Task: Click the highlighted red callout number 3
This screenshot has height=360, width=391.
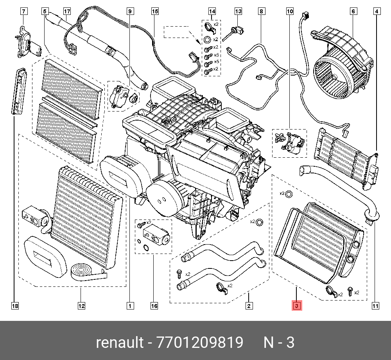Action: [296, 306]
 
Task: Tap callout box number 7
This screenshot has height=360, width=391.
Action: [23, 11]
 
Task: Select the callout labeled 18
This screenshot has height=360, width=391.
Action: [15, 306]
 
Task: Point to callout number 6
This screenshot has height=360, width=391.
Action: [353, 11]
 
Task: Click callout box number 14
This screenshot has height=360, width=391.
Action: [212, 11]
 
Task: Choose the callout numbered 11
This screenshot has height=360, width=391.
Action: [375, 306]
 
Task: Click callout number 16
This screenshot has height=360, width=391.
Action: [154, 306]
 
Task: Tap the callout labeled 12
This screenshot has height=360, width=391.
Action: [81, 306]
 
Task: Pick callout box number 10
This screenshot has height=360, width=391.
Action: [290, 11]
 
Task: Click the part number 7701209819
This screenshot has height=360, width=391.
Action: [200, 342]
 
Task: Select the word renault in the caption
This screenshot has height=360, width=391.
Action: [120, 342]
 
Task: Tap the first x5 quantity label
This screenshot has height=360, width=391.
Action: [217, 55]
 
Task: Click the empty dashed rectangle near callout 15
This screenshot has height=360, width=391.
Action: [176, 32]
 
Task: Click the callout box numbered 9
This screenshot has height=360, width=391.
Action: [130, 11]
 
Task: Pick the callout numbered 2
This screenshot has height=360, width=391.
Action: [249, 306]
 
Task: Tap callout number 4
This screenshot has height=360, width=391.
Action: [377, 11]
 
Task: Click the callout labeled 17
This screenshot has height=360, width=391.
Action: [67, 11]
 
